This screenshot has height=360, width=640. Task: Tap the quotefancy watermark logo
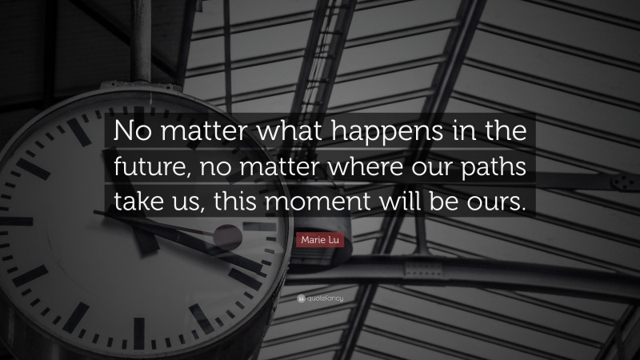pos(320,298)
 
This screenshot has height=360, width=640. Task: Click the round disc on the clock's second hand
pos(227,237)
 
